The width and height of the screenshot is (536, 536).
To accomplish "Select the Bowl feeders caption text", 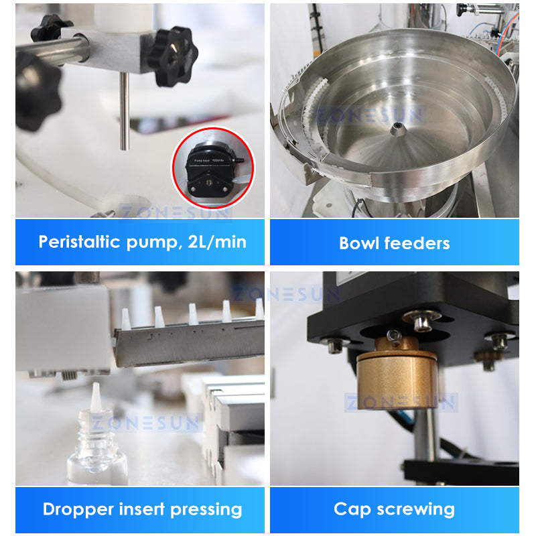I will [394, 243].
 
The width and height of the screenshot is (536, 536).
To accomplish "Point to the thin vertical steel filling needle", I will [124, 111].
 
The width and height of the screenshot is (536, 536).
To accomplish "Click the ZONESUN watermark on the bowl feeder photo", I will [370, 115].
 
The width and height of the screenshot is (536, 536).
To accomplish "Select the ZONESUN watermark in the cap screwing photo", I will [401, 403].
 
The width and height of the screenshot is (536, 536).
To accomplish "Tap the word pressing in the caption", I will [206, 510].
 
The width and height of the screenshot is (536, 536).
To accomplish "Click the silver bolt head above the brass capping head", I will [421, 322].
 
